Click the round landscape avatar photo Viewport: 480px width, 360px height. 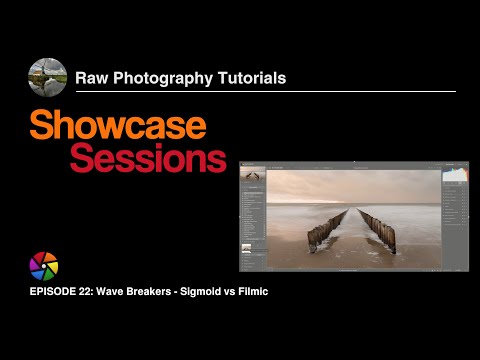pos(48,77)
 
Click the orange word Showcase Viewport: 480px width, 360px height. pos(118,125)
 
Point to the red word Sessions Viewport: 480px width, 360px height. pos(148,157)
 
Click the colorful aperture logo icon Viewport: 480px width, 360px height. pos(45,267)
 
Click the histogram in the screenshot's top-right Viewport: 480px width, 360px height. pos(455,175)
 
